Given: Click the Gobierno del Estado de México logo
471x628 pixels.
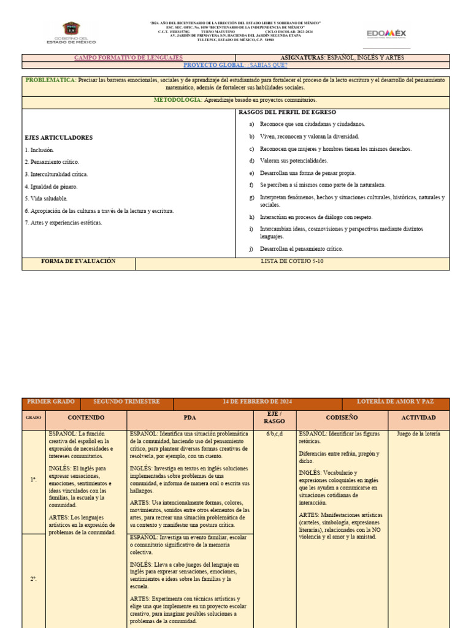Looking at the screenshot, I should click(71, 33).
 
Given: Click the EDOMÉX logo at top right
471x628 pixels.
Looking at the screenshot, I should click(387, 33).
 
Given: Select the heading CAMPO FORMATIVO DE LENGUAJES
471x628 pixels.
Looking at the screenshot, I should click(129, 58).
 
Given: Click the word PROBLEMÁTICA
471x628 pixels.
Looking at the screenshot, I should click(51, 80).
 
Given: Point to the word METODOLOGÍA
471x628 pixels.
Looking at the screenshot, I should click(177, 99).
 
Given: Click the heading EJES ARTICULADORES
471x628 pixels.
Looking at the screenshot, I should click(59, 137).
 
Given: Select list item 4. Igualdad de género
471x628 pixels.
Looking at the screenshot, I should click(52, 186).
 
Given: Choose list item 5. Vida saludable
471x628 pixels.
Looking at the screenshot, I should click(47, 199).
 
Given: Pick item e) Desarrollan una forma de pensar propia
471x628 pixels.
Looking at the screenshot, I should click(307, 173).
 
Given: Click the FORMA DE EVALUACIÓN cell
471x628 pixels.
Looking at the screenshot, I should click(78, 262).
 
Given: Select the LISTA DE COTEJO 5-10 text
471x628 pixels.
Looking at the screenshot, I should click(292, 262).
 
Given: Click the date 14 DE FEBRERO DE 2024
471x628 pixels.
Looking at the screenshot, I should click(257, 402).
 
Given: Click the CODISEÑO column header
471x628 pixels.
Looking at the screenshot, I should click(342, 418).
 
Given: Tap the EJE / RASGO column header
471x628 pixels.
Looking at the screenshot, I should click(274, 418).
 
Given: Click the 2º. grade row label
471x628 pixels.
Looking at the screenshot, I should click(34, 579).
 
